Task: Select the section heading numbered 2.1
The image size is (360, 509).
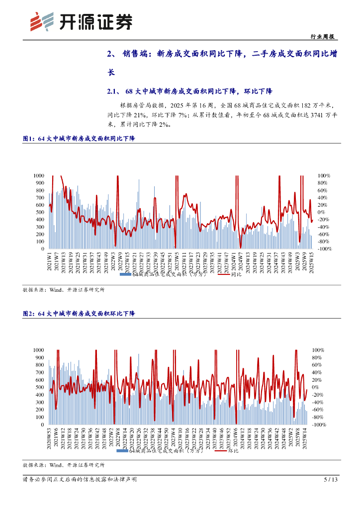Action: click(x=190, y=91)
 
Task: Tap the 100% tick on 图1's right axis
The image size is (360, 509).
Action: click(x=325, y=175)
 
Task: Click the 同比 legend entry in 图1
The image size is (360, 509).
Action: click(x=236, y=275)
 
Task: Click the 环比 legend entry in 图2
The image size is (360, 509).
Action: click(x=233, y=451)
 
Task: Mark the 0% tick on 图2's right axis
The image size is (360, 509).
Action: click(x=315, y=387)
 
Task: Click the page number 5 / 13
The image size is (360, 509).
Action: click(x=331, y=480)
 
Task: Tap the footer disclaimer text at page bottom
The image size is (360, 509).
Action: click(x=80, y=480)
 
